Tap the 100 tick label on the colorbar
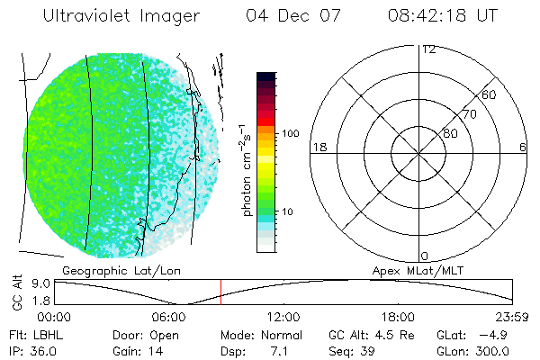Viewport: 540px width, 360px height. [289, 133]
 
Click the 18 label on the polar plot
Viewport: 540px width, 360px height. [318, 147]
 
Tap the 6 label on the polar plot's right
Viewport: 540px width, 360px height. [523, 147]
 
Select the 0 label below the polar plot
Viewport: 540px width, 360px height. [425, 256]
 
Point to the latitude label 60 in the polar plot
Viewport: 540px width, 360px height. [490, 94]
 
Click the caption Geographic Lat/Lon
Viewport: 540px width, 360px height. [104, 270]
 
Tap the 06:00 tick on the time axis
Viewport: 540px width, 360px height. [169, 317]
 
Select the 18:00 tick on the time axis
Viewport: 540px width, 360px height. [398, 317]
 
